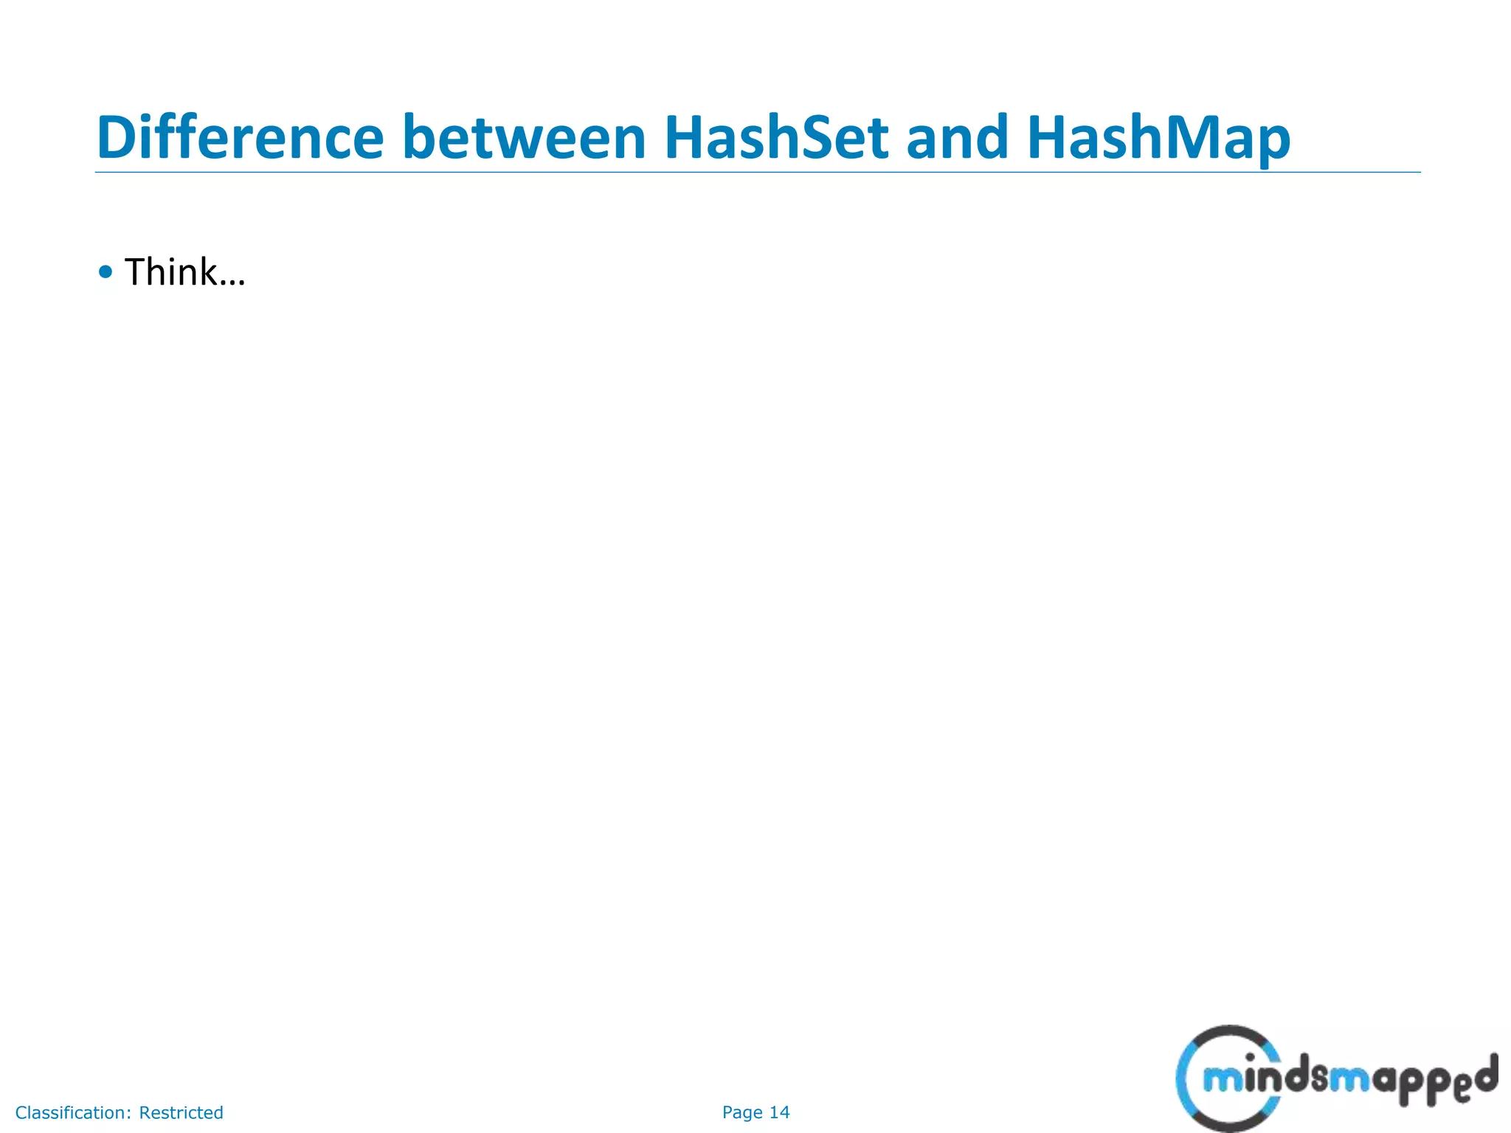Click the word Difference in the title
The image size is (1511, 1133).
click(240, 138)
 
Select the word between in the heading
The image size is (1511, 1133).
click(524, 138)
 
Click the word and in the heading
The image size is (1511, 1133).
click(957, 138)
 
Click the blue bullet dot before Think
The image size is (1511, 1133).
click(106, 272)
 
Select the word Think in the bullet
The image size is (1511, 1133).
click(170, 271)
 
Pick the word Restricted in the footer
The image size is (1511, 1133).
click(181, 1112)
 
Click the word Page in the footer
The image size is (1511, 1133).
click(742, 1112)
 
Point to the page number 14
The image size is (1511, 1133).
click(779, 1112)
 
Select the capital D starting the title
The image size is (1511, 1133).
click(119, 138)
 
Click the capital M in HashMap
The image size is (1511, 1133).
click(1180, 138)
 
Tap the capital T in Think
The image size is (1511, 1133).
click(136, 271)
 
